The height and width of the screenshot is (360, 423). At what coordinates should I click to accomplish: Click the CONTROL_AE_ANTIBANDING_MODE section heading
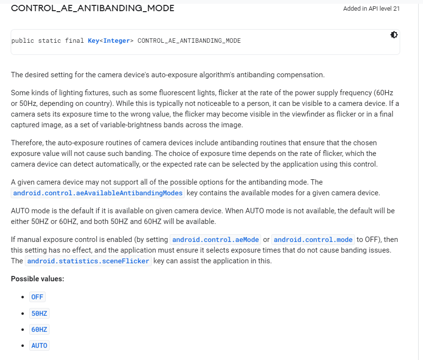point(92,8)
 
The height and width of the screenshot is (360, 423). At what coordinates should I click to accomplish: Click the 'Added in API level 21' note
point(371,9)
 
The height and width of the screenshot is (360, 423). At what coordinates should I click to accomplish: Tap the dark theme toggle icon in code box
point(393,35)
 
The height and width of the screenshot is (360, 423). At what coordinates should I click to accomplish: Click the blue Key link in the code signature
point(94,41)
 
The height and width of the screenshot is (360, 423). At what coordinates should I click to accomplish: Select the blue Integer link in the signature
point(117,41)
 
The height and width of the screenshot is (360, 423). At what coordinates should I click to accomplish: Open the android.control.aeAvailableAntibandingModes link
point(98,193)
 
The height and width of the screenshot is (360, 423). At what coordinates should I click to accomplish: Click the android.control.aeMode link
point(215,240)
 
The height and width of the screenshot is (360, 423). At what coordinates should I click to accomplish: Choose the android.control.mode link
point(313,240)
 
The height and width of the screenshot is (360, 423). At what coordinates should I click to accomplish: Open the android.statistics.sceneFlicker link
point(89,261)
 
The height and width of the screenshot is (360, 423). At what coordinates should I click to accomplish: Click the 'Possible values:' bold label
point(37,279)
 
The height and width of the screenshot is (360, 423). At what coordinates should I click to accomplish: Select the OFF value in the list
point(37,297)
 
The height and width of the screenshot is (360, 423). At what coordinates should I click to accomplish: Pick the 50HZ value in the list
point(39,313)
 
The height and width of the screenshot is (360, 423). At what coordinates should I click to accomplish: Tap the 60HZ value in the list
point(39,329)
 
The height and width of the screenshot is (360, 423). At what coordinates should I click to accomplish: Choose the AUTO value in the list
point(39,345)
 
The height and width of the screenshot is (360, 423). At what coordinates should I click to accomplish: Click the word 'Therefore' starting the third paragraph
point(27,143)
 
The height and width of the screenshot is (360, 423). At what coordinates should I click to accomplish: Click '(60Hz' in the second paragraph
point(387,93)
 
